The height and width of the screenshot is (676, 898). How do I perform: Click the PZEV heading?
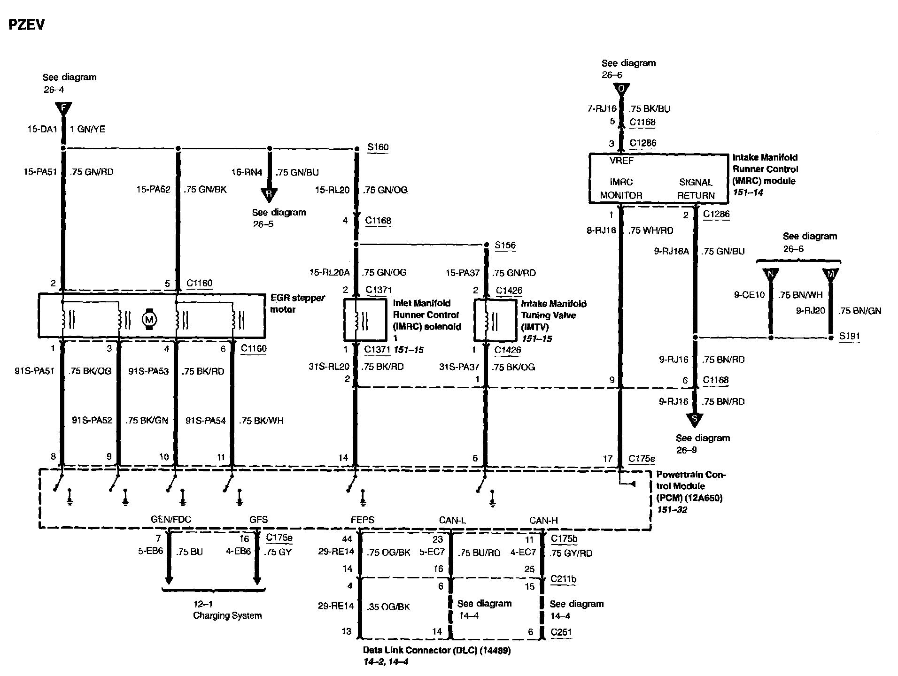click(x=27, y=25)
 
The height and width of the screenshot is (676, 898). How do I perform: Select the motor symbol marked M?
click(x=149, y=320)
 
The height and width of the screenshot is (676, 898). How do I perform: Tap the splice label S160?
click(x=378, y=147)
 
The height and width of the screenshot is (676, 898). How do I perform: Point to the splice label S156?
click(x=505, y=245)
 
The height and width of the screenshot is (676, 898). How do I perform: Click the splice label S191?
click(x=850, y=336)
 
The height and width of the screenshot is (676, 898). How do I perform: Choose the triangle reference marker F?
click(x=63, y=108)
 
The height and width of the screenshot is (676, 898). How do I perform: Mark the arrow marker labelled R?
click(x=269, y=194)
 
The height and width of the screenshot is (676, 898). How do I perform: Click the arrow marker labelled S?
click(x=695, y=418)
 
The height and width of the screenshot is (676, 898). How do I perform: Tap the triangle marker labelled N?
click(x=771, y=274)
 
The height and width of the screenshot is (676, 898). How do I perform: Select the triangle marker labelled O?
click(x=621, y=89)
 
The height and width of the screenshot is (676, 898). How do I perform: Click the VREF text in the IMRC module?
click(x=621, y=161)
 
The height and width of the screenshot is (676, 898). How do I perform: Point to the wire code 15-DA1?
click(x=42, y=129)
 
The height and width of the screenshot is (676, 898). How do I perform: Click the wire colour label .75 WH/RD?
click(x=651, y=230)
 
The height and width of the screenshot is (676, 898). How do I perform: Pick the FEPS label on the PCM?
click(x=363, y=520)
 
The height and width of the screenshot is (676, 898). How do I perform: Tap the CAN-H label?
click(x=543, y=520)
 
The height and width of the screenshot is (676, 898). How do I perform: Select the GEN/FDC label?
click(x=171, y=520)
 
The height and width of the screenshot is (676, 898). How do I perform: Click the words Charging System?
click(x=227, y=615)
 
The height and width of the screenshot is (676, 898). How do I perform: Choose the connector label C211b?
click(x=563, y=579)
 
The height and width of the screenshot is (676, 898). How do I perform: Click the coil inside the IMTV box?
click(x=488, y=321)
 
